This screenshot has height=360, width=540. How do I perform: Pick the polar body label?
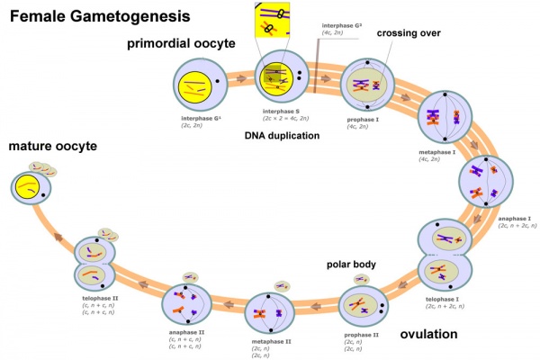pyautogui.click(x=351, y=265)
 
